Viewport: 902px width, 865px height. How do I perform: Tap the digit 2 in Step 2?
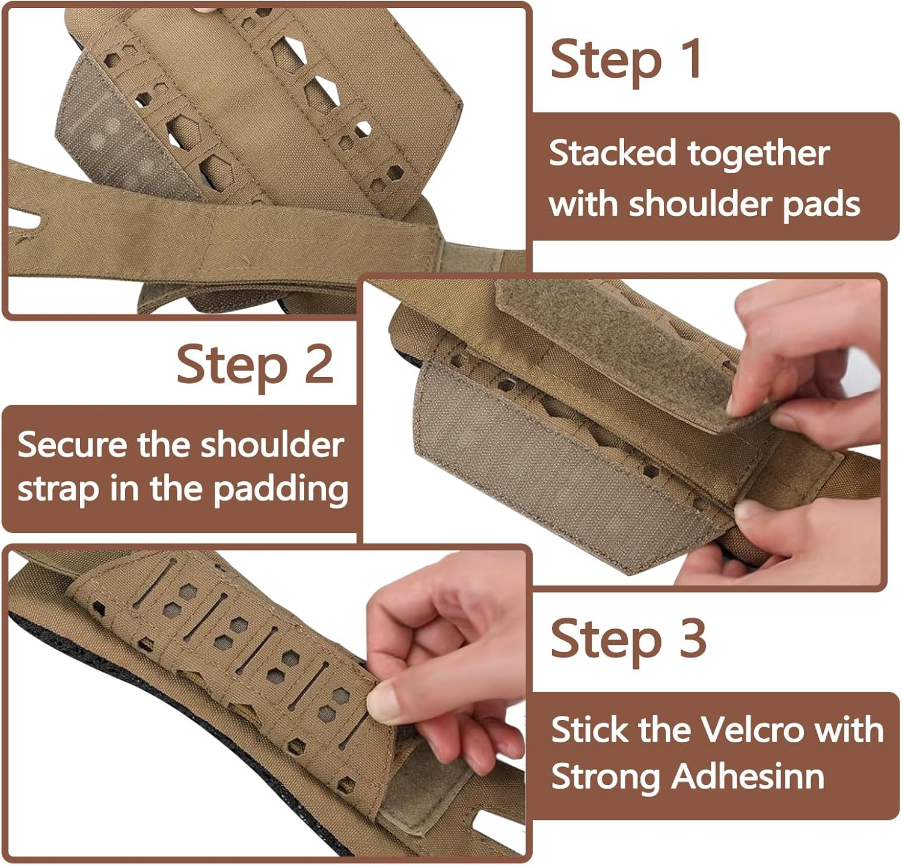[x=319, y=363]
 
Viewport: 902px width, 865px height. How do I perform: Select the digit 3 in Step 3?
[x=692, y=637]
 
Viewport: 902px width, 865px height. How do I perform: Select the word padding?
[x=281, y=489]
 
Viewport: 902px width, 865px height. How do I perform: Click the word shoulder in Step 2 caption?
[x=272, y=445]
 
